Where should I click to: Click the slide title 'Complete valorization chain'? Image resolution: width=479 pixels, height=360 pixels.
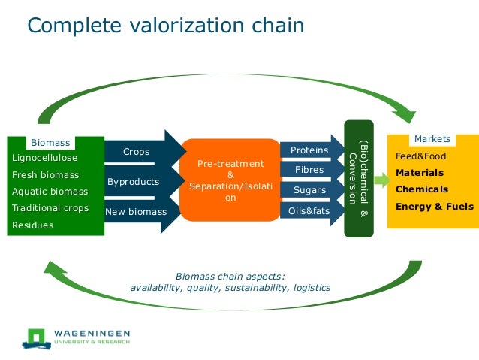[165, 26]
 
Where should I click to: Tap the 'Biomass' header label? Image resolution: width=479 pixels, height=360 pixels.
[50, 142]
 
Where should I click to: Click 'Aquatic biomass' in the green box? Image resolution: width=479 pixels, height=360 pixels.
[50, 191]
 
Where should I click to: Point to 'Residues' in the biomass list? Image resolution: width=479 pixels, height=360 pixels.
[32, 225]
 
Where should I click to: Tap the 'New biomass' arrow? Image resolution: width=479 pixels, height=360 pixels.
[137, 212]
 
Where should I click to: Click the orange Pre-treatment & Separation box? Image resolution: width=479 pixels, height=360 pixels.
[230, 180]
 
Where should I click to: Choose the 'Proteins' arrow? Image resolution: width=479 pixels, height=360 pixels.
[309, 150]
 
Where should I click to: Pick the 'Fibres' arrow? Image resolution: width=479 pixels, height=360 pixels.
[309, 170]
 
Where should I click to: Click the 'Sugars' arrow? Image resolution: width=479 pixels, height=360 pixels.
[309, 190]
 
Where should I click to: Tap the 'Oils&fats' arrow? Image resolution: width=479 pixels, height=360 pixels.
[309, 211]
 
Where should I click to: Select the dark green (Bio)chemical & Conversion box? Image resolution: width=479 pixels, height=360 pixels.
[358, 179]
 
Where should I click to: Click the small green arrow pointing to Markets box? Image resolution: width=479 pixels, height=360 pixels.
[379, 181]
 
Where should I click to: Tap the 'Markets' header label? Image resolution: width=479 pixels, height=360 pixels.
[432, 139]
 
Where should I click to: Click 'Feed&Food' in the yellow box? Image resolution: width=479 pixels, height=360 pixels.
[420, 156]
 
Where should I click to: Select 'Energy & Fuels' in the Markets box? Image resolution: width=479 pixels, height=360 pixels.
[434, 206]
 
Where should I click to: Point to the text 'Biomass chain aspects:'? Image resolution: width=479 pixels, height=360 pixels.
[230, 275]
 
